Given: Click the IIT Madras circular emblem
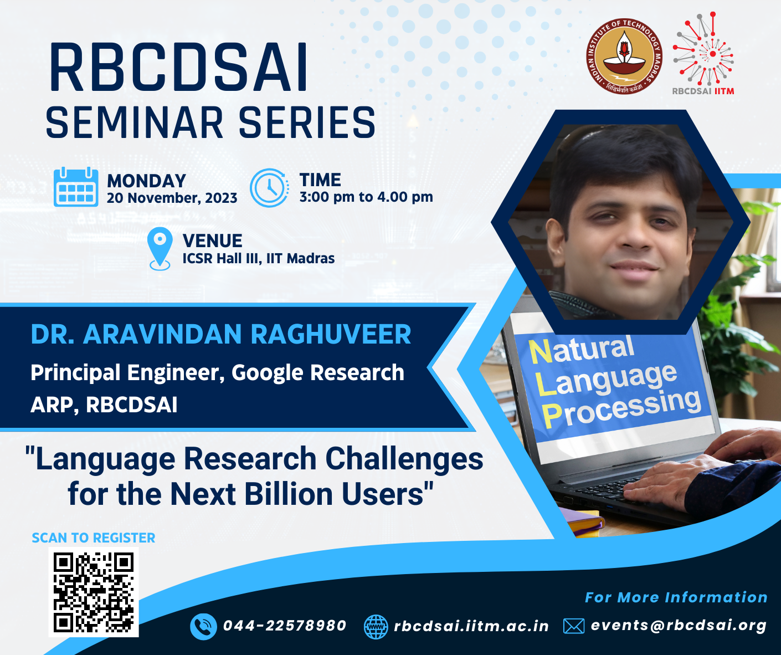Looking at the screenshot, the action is click(624, 56).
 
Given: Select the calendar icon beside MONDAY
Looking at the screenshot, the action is click(76, 187).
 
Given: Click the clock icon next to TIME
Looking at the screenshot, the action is click(269, 188).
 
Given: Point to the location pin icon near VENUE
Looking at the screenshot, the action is click(160, 248).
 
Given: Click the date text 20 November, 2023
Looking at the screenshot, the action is click(172, 198).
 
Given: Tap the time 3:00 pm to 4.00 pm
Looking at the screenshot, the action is click(366, 197).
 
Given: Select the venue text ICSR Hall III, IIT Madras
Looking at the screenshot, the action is click(259, 259).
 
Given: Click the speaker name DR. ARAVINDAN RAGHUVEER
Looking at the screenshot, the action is click(220, 334).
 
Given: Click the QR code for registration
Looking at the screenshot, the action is click(94, 592).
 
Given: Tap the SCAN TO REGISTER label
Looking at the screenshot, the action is click(94, 538).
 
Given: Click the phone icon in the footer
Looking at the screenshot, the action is click(203, 627).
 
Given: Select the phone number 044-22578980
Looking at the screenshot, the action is click(285, 626).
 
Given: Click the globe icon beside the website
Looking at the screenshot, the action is click(376, 627).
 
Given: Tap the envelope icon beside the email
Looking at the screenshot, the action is click(574, 626).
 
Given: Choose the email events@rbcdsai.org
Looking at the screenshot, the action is click(679, 626).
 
